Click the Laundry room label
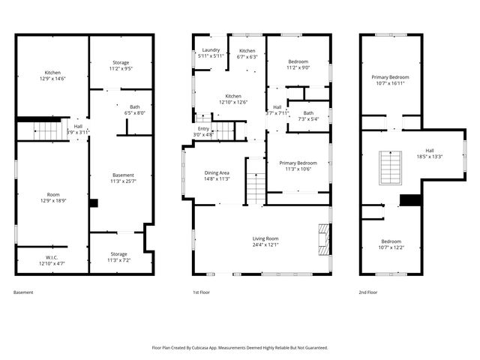coord(210,50)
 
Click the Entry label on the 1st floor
coord(203,128)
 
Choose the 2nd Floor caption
coord(367,292)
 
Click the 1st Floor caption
coord(199,292)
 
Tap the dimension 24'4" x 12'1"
coord(261,244)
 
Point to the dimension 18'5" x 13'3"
coord(430,157)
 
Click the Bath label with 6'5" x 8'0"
coord(134,107)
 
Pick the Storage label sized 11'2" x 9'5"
coord(121,62)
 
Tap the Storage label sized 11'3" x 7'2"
coord(118,254)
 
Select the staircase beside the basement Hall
coord(46,131)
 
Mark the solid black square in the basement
coord(93,202)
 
